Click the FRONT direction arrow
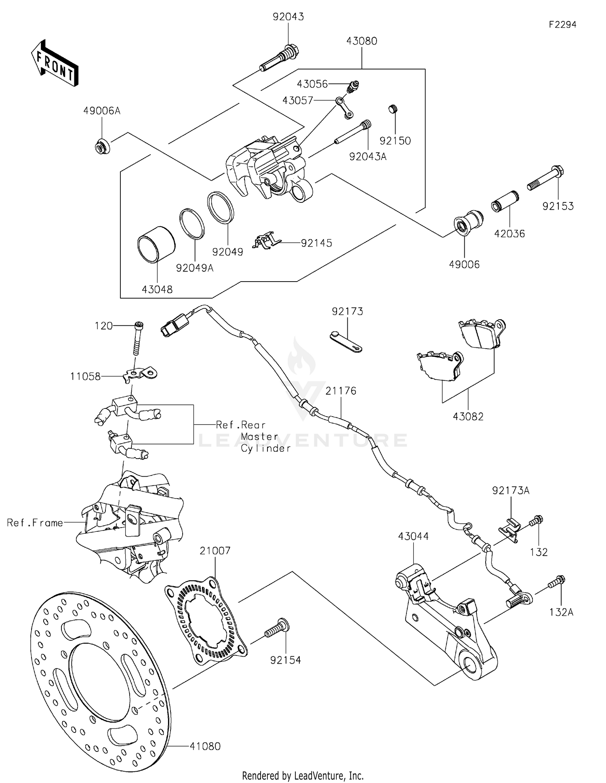tap(55, 63)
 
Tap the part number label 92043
tap(288, 17)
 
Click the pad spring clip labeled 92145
tap(265, 241)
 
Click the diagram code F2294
tap(562, 25)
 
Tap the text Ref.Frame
tap(35, 523)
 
